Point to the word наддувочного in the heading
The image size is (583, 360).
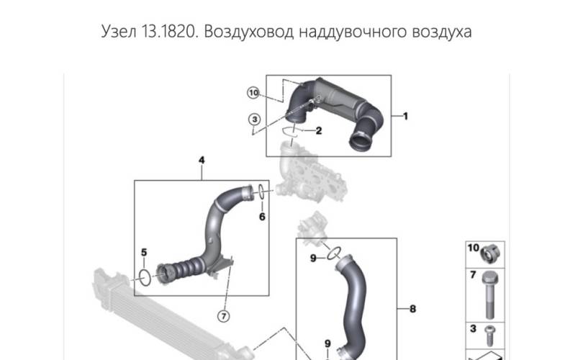coord(344,32)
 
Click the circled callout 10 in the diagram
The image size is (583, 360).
coord(253,92)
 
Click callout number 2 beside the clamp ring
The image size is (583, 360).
coord(319,130)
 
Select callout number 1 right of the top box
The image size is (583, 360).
coord(405,115)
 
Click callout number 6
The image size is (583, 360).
coord(262,216)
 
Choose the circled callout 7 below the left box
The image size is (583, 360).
coord(224,315)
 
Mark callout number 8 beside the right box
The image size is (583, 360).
coord(412,310)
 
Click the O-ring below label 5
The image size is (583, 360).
coord(145,277)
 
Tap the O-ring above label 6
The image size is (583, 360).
coord(262,192)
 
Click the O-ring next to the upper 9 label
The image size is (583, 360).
coord(333,253)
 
